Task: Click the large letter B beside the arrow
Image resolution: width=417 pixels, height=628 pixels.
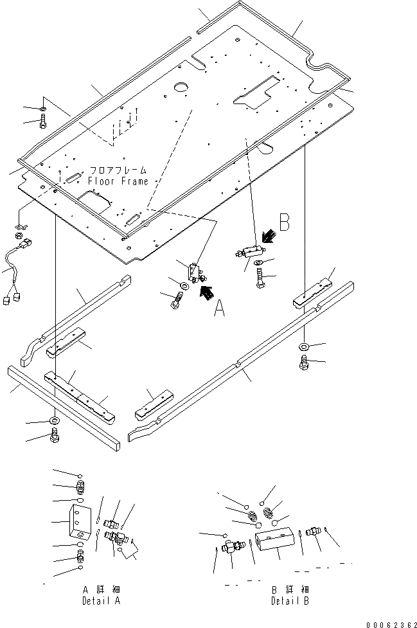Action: click(283, 225)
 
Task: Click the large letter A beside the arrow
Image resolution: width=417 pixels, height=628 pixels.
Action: click(220, 310)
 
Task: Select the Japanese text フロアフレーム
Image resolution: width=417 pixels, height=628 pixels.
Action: click(118, 170)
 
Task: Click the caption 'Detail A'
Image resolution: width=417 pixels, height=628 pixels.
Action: click(102, 601)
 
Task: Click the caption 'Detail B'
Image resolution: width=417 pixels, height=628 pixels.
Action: click(290, 601)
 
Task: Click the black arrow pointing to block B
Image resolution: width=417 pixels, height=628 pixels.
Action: click(268, 238)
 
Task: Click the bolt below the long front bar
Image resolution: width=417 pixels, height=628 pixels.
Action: click(55, 439)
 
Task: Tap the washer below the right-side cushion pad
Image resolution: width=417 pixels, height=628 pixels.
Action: click(304, 347)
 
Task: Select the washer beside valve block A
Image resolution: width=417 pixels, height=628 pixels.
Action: click(185, 285)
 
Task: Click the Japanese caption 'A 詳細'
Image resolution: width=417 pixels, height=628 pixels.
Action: click(102, 589)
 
